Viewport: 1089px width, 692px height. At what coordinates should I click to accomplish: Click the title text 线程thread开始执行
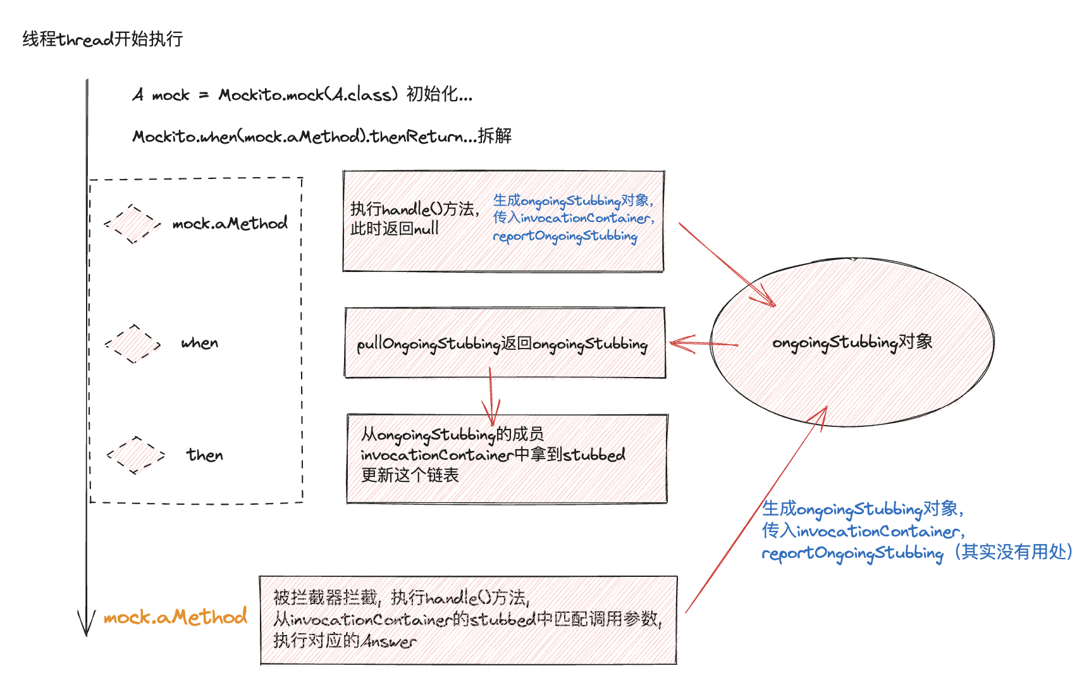102,39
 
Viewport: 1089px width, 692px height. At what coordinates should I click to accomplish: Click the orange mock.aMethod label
175,617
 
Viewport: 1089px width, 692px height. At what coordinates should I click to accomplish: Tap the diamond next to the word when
133,343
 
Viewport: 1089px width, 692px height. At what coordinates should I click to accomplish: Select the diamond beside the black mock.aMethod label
132,223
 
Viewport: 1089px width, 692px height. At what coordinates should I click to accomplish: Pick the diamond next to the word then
135,455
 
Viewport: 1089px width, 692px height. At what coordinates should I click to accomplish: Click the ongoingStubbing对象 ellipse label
852,342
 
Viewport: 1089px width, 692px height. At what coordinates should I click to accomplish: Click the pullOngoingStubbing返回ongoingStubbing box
502,343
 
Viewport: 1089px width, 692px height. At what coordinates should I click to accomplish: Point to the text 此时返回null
395,228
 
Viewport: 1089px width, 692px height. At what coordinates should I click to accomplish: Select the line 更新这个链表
410,475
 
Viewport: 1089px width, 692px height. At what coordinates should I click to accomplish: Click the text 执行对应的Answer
345,641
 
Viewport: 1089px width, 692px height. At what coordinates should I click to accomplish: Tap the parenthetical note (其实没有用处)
1013,552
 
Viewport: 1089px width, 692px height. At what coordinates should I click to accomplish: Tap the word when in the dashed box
200,343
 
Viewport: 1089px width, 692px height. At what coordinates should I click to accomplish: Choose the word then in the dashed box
204,455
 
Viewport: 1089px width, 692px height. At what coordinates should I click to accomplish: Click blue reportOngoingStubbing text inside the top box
565,236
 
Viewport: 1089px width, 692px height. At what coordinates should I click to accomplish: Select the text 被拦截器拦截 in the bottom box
326,597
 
